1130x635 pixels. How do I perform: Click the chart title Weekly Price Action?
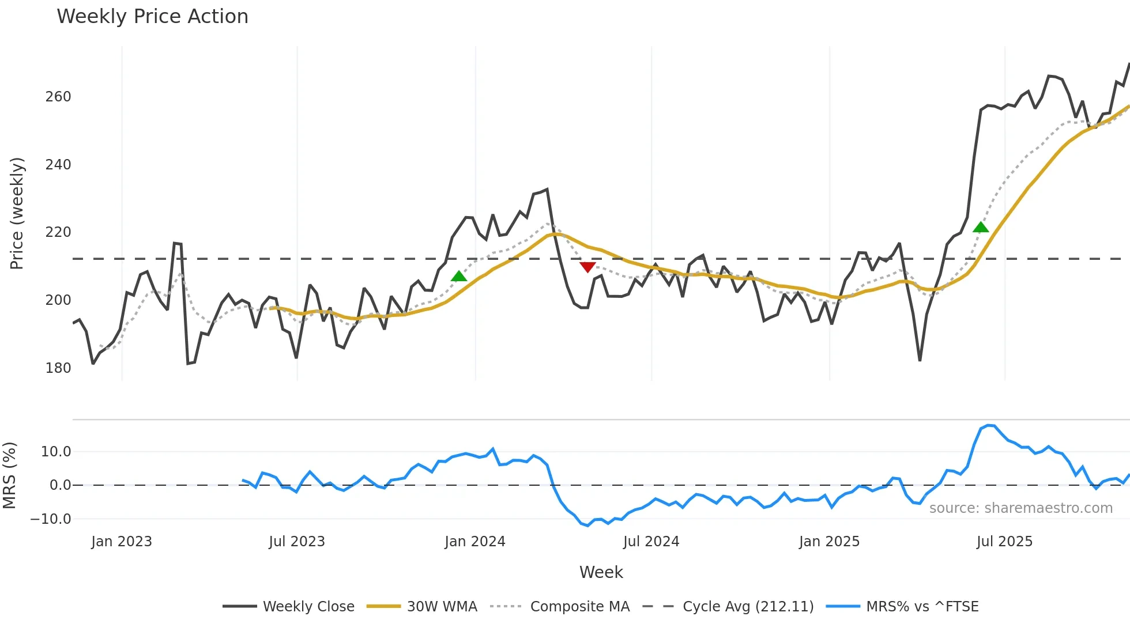pyautogui.click(x=152, y=17)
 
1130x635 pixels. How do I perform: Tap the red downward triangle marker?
pyautogui.click(x=587, y=267)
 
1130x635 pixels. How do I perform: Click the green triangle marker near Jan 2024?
pyautogui.click(x=459, y=277)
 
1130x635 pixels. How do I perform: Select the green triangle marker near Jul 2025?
pyautogui.click(x=981, y=227)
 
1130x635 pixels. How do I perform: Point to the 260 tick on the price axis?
pyautogui.click(x=58, y=97)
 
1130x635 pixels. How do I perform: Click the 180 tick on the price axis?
pyautogui.click(x=58, y=368)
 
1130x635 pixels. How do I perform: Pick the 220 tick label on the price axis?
pyautogui.click(x=58, y=232)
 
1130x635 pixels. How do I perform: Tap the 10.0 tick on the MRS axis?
pyautogui.click(x=56, y=452)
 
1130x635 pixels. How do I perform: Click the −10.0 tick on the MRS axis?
pyautogui.click(x=51, y=519)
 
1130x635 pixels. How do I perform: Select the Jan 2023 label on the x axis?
pyautogui.click(x=122, y=542)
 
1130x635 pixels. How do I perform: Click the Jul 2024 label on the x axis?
pyautogui.click(x=651, y=542)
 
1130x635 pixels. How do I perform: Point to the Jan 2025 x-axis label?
pyautogui.click(x=829, y=542)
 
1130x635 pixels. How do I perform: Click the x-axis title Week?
pyautogui.click(x=601, y=572)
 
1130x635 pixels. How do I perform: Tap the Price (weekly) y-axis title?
pyautogui.click(x=17, y=213)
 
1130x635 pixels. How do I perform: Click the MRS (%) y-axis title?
pyautogui.click(x=10, y=475)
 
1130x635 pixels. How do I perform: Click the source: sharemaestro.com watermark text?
pyautogui.click(x=1020, y=508)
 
